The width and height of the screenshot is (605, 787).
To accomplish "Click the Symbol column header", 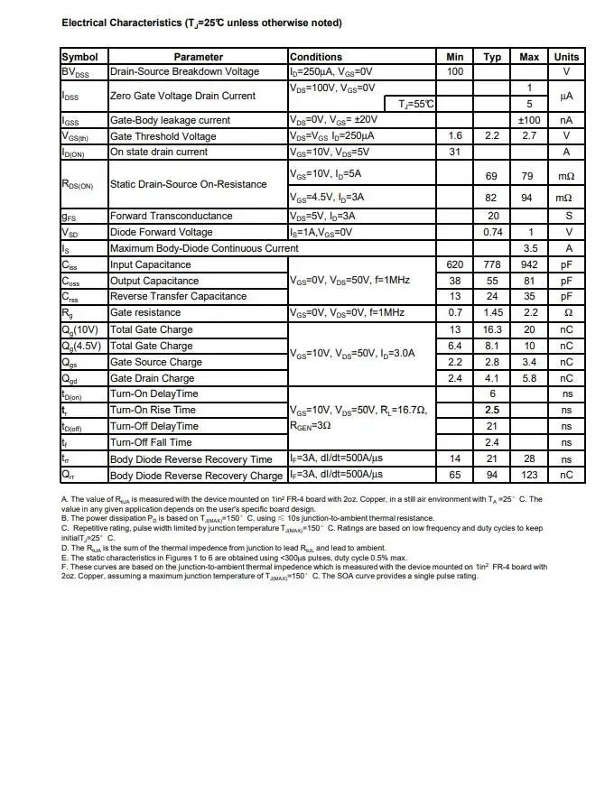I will pyautogui.click(x=80, y=57).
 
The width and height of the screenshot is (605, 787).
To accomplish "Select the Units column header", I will pyautogui.click(x=566, y=57).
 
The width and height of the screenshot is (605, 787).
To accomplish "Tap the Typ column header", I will pyautogui.click(x=492, y=57).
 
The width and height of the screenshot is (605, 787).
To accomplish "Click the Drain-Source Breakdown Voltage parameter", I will pyautogui.click(x=184, y=71).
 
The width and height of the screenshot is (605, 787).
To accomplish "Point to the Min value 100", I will pyautogui.click(x=455, y=71).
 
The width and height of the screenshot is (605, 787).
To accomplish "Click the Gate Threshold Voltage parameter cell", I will pyautogui.click(x=163, y=136).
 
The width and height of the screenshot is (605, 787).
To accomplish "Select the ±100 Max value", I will pyautogui.click(x=529, y=120).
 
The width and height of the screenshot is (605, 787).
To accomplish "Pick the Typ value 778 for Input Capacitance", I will pyautogui.click(x=492, y=264).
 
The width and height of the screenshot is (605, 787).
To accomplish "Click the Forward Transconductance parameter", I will pyautogui.click(x=171, y=216).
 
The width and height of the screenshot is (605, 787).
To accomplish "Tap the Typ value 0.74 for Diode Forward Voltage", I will pyautogui.click(x=492, y=232).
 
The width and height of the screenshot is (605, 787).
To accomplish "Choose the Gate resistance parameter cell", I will pyautogui.click(x=145, y=312).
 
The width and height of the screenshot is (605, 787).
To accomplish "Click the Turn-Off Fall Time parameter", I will pyautogui.click(x=151, y=442).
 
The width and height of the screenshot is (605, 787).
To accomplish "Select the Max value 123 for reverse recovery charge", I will pyautogui.click(x=529, y=475).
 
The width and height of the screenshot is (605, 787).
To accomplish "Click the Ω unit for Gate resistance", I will pyautogui.click(x=566, y=312).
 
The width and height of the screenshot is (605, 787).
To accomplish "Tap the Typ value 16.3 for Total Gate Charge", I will pyautogui.click(x=492, y=329).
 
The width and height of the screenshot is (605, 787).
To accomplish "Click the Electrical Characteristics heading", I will pyautogui.click(x=201, y=23).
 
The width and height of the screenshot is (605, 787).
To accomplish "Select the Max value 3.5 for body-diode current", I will pyautogui.click(x=529, y=248).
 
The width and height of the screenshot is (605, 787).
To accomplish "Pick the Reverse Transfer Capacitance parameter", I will pyautogui.click(x=178, y=296).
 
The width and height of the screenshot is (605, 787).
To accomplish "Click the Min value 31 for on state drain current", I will pyautogui.click(x=455, y=152).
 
